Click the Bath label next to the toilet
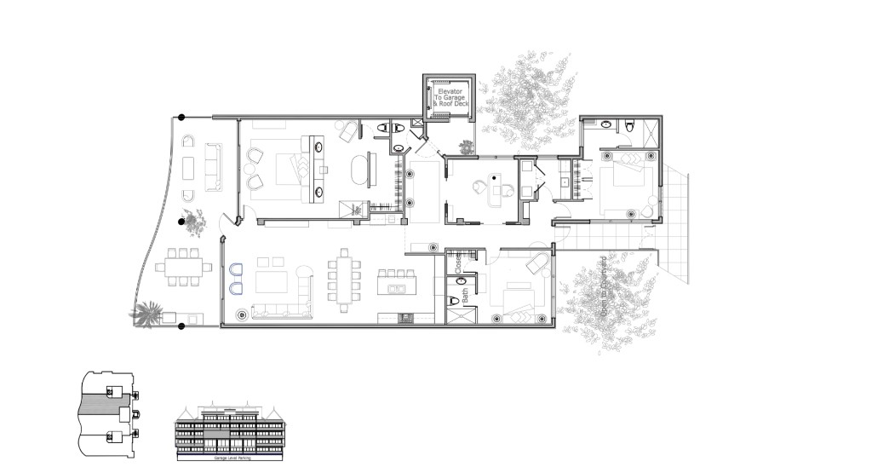click(x=466, y=296)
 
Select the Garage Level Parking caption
click(x=232, y=458)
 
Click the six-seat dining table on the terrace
click(x=184, y=266)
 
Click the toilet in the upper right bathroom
click(x=629, y=125)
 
